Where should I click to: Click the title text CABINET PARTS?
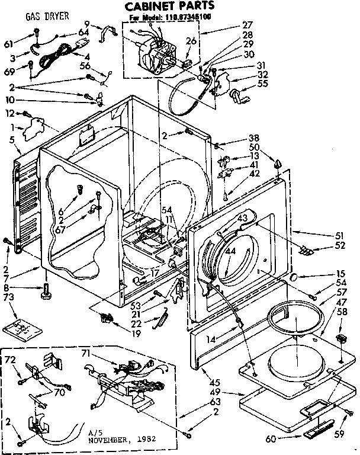tap(169, 7)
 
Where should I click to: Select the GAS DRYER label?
tap(46, 17)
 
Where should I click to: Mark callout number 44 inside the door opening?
tap(230, 251)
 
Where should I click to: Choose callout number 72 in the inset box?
tap(11, 360)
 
